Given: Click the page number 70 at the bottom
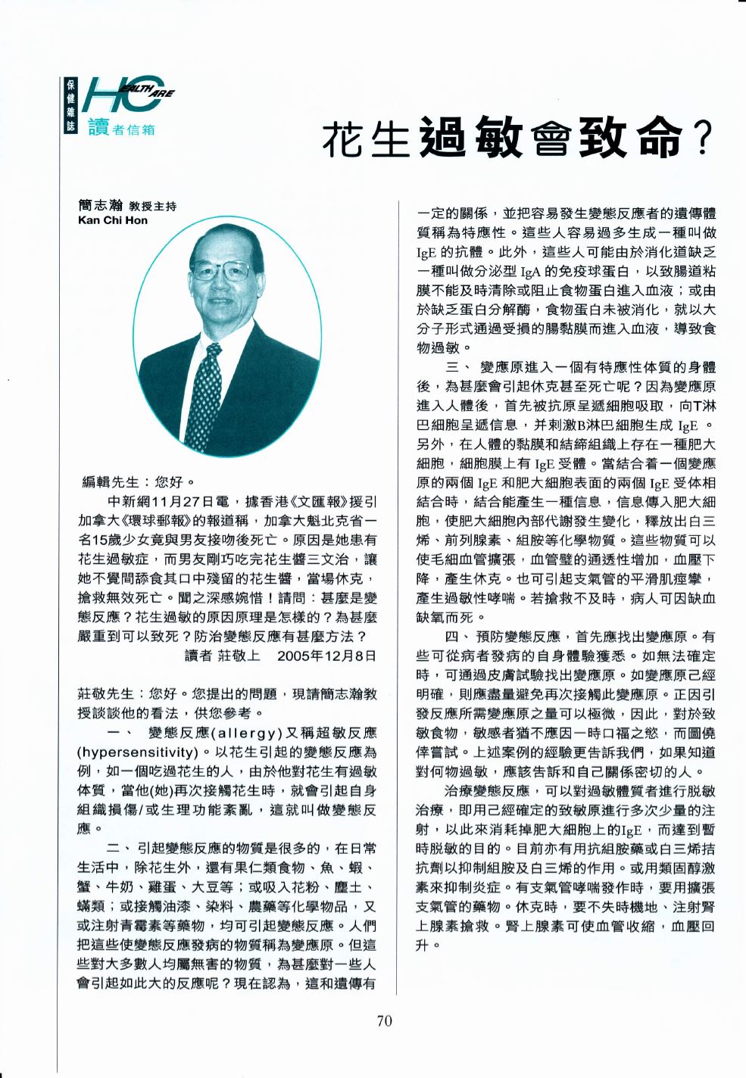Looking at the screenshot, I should pyautogui.click(x=384, y=1021).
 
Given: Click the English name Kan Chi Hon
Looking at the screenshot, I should pyautogui.click(x=113, y=221).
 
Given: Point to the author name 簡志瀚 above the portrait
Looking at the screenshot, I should pyautogui.click(x=100, y=205).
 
